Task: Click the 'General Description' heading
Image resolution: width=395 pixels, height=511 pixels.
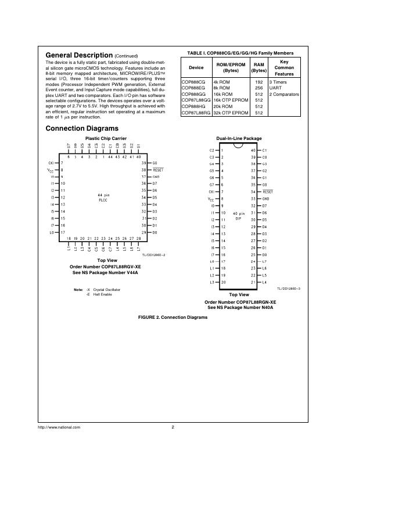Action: click(x=78, y=55)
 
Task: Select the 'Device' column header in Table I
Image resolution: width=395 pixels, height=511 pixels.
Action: click(x=196, y=68)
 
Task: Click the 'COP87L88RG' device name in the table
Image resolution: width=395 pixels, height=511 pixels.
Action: click(x=196, y=113)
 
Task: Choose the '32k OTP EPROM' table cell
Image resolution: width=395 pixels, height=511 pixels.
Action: click(x=228, y=113)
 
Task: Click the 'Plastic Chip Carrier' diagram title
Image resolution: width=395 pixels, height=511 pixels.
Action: click(x=106, y=138)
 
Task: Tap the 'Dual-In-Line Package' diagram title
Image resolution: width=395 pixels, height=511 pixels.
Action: click(x=239, y=139)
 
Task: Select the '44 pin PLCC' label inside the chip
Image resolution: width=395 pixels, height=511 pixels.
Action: click(x=103, y=197)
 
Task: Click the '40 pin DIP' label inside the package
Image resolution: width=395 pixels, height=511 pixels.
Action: click(x=238, y=216)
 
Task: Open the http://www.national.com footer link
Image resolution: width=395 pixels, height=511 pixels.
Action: click(x=59, y=427)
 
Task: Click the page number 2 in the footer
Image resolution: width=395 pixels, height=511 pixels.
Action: click(x=173, y=427)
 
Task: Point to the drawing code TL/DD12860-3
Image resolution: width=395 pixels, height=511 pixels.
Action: click(x=290, y=288)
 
